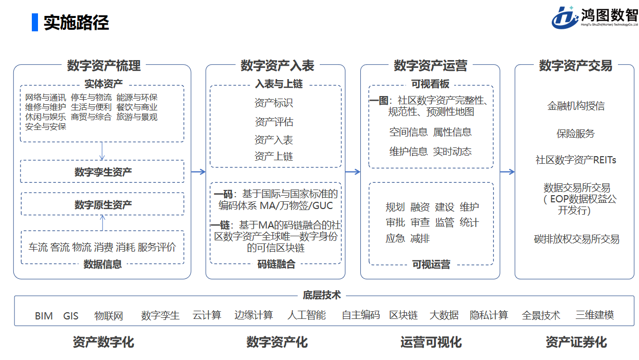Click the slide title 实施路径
point(76,23)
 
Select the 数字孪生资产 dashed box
point(102,172)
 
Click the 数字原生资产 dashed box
point(102,204)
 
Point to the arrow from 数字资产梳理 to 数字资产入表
point(198,172)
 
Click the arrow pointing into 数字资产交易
point(507,172)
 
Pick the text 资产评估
point(274,122)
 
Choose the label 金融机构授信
point(575,106)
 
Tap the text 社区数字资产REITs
point(575,160)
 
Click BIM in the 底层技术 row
point(44,316)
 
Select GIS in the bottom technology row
point(71,316)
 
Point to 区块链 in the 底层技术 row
point(403,315)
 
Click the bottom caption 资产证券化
point(576,342)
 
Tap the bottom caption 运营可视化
point(431,342)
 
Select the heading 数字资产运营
point(430,66)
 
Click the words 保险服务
point(575,134)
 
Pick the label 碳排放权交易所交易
point(576,239)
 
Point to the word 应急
point(395,238)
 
